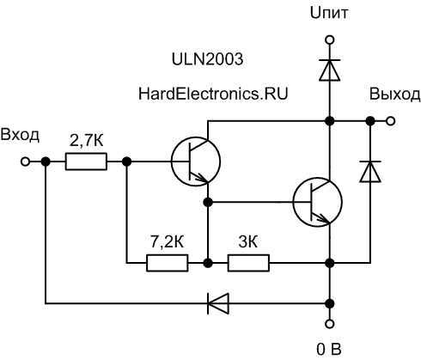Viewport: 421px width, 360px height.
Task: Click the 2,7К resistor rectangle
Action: [86, 162]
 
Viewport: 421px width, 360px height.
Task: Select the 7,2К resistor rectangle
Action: [168, 263]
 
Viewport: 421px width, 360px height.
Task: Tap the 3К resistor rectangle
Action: [248, 263]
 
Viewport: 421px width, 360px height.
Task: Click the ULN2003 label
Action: [207, 59]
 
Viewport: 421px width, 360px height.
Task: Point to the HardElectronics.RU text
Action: [213, 94]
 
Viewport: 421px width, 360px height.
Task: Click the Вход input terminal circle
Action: [25, 162]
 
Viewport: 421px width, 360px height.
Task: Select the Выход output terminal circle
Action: [390, 121]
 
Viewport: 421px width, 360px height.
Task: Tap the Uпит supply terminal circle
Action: [330, 40]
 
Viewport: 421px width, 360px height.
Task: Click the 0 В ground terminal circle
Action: [330, 324]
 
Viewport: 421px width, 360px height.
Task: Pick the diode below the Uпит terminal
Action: [330, 70]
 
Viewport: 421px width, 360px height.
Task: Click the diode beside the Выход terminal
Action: [370, 171]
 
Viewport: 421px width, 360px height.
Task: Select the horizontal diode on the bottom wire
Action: [218, 303]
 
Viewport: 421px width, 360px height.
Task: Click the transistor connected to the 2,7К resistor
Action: [196, 162]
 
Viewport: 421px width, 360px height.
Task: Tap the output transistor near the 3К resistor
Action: [318, 202]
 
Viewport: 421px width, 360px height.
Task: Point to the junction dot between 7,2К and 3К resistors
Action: [208, 263]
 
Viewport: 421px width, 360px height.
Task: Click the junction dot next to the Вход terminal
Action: [46, 162]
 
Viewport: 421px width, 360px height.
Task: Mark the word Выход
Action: [395, 95]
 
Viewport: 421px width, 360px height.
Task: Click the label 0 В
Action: [329, 350]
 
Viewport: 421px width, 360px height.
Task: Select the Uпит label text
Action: [329, 13]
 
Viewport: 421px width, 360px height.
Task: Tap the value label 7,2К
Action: [168, 242]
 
